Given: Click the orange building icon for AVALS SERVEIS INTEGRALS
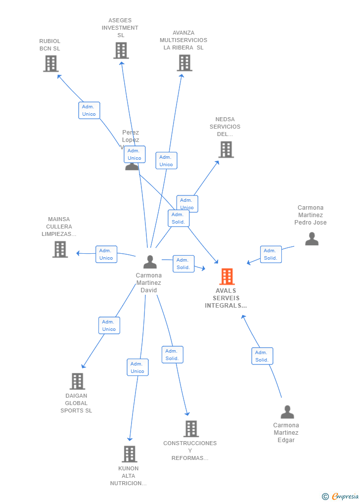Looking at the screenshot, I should pos(227,276).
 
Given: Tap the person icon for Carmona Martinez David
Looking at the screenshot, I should pos(150,262).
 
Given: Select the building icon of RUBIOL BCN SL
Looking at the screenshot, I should pos(50,63).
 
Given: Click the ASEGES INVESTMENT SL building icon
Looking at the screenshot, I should pos(121,50).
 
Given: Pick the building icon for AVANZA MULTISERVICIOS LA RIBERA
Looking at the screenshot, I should pos(184,63).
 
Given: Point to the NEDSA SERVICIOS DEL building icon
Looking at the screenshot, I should pos(226,149).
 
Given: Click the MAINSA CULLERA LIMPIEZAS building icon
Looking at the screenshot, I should pos(60,249).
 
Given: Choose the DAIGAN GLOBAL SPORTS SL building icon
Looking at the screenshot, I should pos(77,381).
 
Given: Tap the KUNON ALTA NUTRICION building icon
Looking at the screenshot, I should pos(129,454).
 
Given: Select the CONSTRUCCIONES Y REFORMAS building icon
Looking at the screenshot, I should pos(191,429).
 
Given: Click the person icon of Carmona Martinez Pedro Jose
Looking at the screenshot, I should pos(312,239).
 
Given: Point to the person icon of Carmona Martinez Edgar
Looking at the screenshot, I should pos(287,412).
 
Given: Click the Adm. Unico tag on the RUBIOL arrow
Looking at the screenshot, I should pos(89,110).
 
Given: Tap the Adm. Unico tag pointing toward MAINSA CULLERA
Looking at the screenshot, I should pos(106,254).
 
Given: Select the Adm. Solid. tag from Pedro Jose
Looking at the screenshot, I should pos(270,254).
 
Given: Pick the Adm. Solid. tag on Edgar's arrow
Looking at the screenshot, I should pos(262,356).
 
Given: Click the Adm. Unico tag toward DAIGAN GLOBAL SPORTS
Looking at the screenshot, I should pos(109,325).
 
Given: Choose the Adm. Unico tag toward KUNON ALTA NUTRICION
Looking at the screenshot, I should pos(137,367).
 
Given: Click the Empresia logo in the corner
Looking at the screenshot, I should pos(341,496).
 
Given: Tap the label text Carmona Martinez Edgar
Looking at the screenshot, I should pos(286,433).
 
